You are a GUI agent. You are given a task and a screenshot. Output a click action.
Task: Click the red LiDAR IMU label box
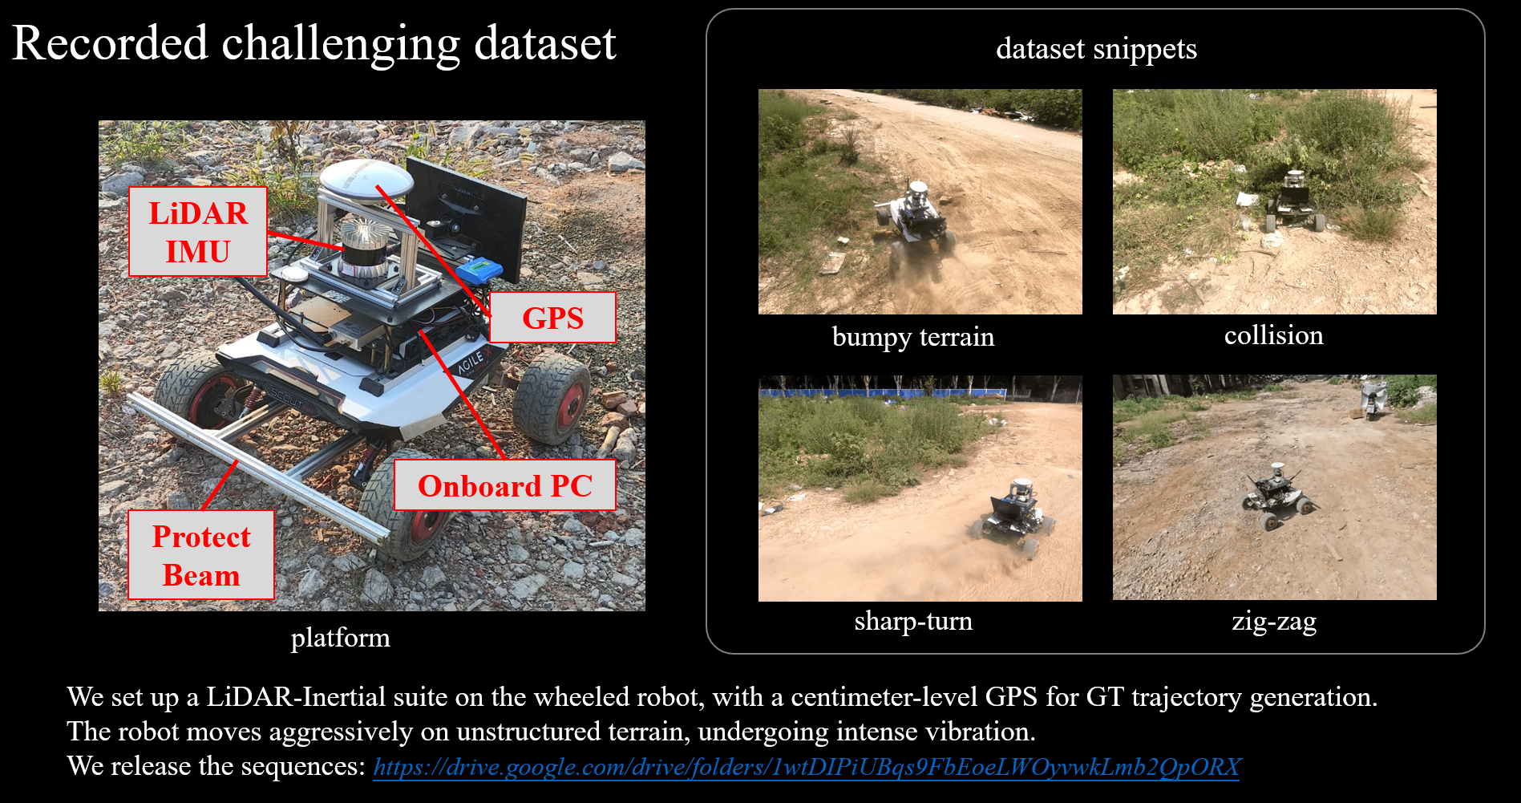(x=197, y=232)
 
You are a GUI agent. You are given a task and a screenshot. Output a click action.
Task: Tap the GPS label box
(x=552, y=318)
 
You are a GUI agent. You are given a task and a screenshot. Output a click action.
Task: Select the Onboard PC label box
(x=505, y=485)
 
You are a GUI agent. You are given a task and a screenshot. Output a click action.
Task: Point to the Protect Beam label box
(x=201, y=555)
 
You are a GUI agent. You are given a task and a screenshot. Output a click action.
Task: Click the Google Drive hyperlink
(x=807, y=767)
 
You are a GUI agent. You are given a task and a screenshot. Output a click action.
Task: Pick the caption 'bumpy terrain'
(x=913, y=337)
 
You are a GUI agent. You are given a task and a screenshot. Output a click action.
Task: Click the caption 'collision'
(x=1273, y=335)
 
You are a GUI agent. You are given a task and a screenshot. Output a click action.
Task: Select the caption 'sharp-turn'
(x=913, y=621)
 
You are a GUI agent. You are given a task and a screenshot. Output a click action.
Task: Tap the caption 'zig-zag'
(x=1274, y=622)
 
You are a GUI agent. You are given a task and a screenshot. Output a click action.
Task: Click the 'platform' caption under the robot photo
(x=340, y=638)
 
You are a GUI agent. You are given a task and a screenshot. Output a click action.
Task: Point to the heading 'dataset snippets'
(x=1096, y=49)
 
